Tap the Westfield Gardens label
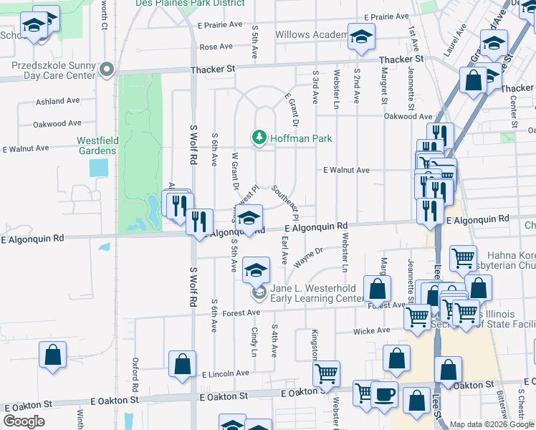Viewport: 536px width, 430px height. tap(101, 146)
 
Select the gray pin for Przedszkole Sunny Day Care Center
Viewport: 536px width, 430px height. tap(107, 70)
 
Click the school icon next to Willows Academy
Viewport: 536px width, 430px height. tap(361, 36)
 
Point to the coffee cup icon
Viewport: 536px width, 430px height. tap(384, 395)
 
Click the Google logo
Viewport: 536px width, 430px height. tap(24, 421)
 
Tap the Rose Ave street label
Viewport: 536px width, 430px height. tap(216, 47)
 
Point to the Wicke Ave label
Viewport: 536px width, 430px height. tap(373, 331)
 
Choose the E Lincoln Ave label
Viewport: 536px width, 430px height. tap(225, 374)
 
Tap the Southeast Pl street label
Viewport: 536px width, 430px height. tap(284, 203)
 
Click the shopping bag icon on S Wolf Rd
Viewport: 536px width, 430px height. tap(183, 363)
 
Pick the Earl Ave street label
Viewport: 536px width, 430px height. tap(284, 247)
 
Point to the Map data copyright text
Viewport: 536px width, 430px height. tap(492, 424)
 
